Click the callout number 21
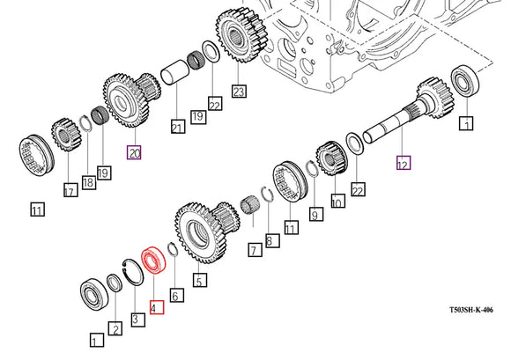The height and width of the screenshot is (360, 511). tap(177, 129)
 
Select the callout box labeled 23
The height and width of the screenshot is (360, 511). tap(238, 91)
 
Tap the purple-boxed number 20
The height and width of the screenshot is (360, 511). tap(134, 152)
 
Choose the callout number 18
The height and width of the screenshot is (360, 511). tap(88, 182)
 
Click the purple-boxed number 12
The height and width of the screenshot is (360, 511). tap(403, 163)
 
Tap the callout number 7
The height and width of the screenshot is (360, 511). tap(253, 252)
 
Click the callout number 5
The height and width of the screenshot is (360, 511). tap(200, 281)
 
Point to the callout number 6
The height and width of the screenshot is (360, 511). tap(175, 297)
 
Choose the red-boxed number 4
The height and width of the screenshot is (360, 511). tap(155, 307)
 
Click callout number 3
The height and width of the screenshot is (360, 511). tap(135, 318)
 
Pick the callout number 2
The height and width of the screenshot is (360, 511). tap(115, 328)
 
